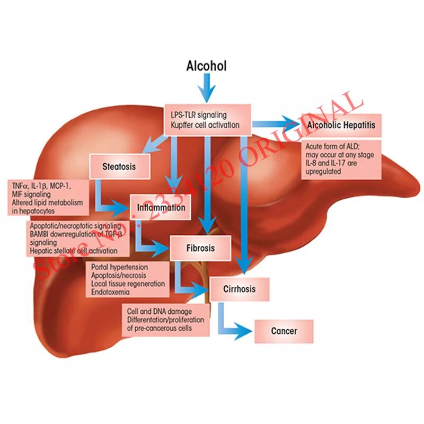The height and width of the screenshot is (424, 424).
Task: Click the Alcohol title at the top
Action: pyautogui.click(x=206, y=66)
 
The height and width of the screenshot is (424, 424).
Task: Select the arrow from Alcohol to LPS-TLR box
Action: pyautogui.click(x=207, y=86)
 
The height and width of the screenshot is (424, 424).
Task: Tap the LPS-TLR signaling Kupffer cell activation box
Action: pyautogui.click(x=206, y=120)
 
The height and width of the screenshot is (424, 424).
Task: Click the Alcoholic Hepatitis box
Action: pyautogui.click(x=341, y=126)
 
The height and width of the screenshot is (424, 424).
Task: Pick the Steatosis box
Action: pyautogui.click(x=119, y=166)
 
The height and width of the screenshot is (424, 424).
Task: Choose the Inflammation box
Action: pyautogui.click(x=161, y=207)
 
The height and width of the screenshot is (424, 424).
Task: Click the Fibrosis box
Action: pyautogui.click(x=200, y=248)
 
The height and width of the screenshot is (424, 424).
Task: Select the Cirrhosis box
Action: pyautogui.click(x=240, y=289)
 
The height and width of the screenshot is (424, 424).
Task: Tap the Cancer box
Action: pyautogui.click(x=284, y=331)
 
